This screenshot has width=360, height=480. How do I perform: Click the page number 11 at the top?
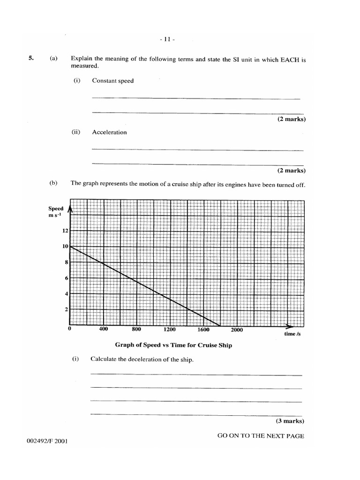click(167, 40)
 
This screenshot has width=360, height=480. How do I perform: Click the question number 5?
click(31, 59)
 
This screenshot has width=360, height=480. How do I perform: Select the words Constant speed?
click(112, 81)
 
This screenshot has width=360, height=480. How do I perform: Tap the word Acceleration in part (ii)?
click(109, 132)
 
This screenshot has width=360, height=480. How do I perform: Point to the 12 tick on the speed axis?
click(65, 231)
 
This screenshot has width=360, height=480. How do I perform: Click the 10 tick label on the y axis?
click(65, 247)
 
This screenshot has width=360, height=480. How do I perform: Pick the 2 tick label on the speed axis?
click(67, 310)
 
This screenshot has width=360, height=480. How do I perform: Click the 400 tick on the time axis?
click(104, 329)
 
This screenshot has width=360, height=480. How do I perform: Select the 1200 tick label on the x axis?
click(170, 330)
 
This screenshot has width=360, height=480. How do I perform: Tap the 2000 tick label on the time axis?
click(237, 330)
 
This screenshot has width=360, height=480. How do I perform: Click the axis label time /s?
click(292, 334)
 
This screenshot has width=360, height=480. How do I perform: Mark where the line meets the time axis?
click(220, 325)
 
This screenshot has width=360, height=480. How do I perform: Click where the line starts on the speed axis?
click(70, 246)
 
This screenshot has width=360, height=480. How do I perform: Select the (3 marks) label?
click(291, 421)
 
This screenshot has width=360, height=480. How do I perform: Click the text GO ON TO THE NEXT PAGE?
click(261, 436)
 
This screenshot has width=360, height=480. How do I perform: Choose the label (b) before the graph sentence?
click(53, 183)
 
